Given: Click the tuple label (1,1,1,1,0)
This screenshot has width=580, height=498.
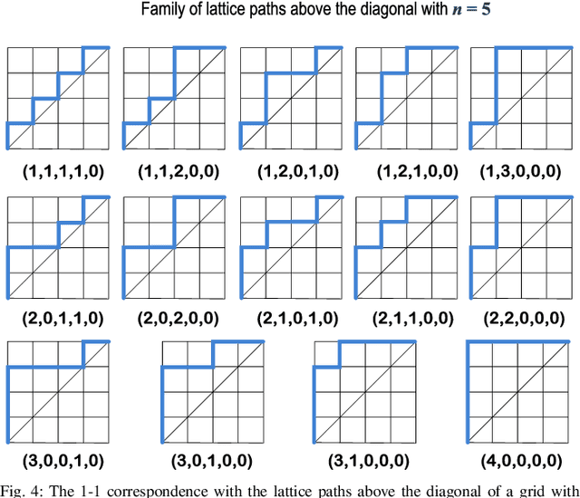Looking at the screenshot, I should [x=58, y=170].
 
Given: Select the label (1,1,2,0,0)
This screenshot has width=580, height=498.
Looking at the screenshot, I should [x=175, y=170].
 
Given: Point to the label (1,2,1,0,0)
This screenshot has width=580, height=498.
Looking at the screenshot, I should [x=408, y=170].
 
